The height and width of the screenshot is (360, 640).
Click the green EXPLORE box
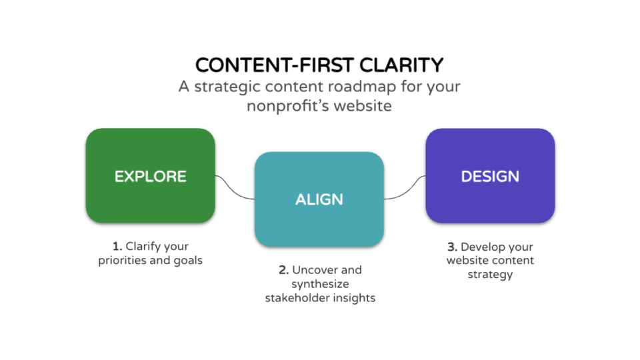click(150, 176)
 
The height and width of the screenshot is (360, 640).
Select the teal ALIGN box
click(319, 199)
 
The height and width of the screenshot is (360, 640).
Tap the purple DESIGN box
click(490, 176)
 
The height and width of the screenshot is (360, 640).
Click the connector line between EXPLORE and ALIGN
click(235, 188)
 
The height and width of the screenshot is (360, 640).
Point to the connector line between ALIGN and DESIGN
click(405, 189)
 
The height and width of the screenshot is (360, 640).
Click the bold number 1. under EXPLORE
click(117, 247)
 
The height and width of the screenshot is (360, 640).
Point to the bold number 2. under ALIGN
click(283, 270)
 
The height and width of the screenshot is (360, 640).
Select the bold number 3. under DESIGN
click(452, 247)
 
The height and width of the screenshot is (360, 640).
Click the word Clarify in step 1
click(145, 247)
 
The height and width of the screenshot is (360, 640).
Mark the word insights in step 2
click(354, 298)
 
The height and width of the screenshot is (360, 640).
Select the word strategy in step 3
click(490, 274)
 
